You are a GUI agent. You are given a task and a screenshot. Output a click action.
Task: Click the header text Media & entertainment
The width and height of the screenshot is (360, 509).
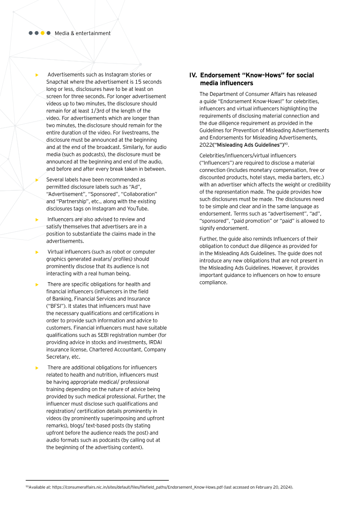82,33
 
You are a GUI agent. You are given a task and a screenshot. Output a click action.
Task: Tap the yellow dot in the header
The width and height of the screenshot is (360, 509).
43,33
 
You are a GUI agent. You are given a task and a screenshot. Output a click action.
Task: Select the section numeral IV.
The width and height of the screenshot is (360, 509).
193,75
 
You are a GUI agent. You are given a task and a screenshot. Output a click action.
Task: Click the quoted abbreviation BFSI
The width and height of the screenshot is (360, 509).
56,306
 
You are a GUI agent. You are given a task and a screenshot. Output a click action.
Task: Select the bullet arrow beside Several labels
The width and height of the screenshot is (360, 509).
37,180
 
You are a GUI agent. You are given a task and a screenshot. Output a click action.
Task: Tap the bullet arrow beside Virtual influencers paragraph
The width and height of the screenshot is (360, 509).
37,252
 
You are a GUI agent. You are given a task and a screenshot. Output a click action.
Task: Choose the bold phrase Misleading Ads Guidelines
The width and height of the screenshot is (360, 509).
250,145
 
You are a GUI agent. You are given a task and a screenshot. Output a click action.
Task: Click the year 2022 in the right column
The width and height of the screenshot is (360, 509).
206,145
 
